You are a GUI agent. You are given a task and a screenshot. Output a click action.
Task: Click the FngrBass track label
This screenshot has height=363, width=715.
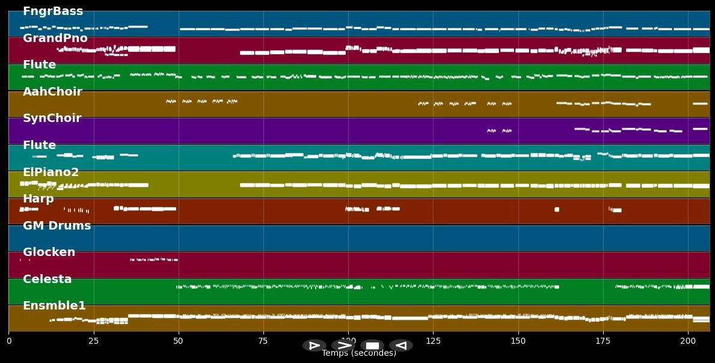(53, 11)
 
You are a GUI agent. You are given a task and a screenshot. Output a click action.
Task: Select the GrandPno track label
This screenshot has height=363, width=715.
(55, 38)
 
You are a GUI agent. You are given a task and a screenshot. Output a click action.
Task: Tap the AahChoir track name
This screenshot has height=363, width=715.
(52, 92)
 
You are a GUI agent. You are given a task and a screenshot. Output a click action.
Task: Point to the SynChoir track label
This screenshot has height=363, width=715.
(52, 118)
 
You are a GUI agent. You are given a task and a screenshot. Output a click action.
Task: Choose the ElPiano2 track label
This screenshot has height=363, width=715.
(51, 172)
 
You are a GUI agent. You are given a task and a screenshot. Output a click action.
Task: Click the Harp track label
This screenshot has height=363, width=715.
(38, 199)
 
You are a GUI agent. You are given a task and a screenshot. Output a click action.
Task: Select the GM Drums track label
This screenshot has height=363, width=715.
(57, 226)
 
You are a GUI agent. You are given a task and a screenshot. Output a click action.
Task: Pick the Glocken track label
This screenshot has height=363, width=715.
(49, 252)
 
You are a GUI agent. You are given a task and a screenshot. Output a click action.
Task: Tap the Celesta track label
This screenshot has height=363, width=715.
(47, 279)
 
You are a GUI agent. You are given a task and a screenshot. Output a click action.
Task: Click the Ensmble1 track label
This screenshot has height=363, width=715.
(54, 306)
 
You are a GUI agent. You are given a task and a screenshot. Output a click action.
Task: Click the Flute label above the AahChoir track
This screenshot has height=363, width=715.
(39, 65)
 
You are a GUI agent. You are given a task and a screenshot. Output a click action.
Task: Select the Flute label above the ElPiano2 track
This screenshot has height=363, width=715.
(39, 145)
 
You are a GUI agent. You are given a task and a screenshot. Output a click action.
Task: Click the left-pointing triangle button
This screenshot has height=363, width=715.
(401, 346)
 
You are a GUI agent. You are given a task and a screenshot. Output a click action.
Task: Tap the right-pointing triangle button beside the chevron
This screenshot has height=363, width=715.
(314, 346)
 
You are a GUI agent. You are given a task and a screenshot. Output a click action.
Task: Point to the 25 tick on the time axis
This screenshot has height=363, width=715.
(94, 341)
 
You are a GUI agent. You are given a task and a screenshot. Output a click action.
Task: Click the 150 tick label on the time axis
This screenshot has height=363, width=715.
(518, 341)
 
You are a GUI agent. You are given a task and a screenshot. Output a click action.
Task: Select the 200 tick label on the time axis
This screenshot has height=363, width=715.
(687, 341)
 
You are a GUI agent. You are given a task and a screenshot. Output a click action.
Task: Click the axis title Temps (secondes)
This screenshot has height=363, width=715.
(359, 353)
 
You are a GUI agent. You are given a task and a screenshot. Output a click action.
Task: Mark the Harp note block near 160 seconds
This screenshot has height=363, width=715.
(557, 209)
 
